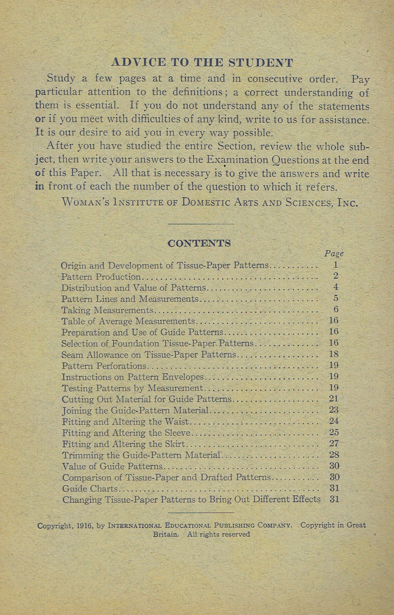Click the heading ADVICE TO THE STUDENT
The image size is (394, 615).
[x=202, y=62]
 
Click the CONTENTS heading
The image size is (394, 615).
[x=199, y=243]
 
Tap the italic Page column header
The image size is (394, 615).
[x=334, y=254]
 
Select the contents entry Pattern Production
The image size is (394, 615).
[x=101, y=276]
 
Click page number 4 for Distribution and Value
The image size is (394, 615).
[x=336, y=287]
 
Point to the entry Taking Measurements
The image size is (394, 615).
[x=108, y=310]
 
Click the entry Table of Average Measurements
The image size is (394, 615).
[x=128, y=321]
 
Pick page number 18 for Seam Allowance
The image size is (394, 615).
[x=334, y=354]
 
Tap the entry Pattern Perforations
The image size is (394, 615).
[x=104, y=366]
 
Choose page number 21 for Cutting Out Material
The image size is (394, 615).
[x=334, y=399]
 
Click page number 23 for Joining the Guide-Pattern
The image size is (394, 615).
[x=334, y=410]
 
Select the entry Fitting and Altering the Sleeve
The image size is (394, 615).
[x=126, y=433]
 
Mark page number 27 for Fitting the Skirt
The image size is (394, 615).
[x=334, y=444]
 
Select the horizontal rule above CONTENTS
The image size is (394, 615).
[x=201, y=224]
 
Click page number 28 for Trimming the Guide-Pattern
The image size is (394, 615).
[x=334, y=455]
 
